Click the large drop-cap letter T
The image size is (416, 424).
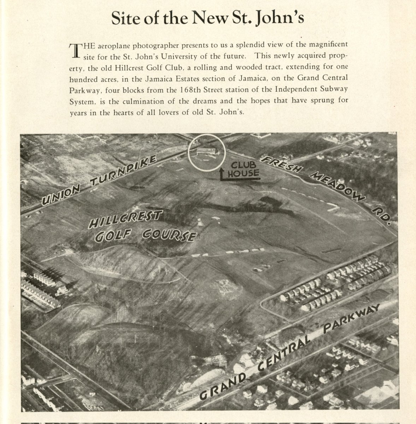(x=75, y=51)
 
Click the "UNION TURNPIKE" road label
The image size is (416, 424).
(x=99, y=180)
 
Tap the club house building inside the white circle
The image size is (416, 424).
(x=206, y=152)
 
